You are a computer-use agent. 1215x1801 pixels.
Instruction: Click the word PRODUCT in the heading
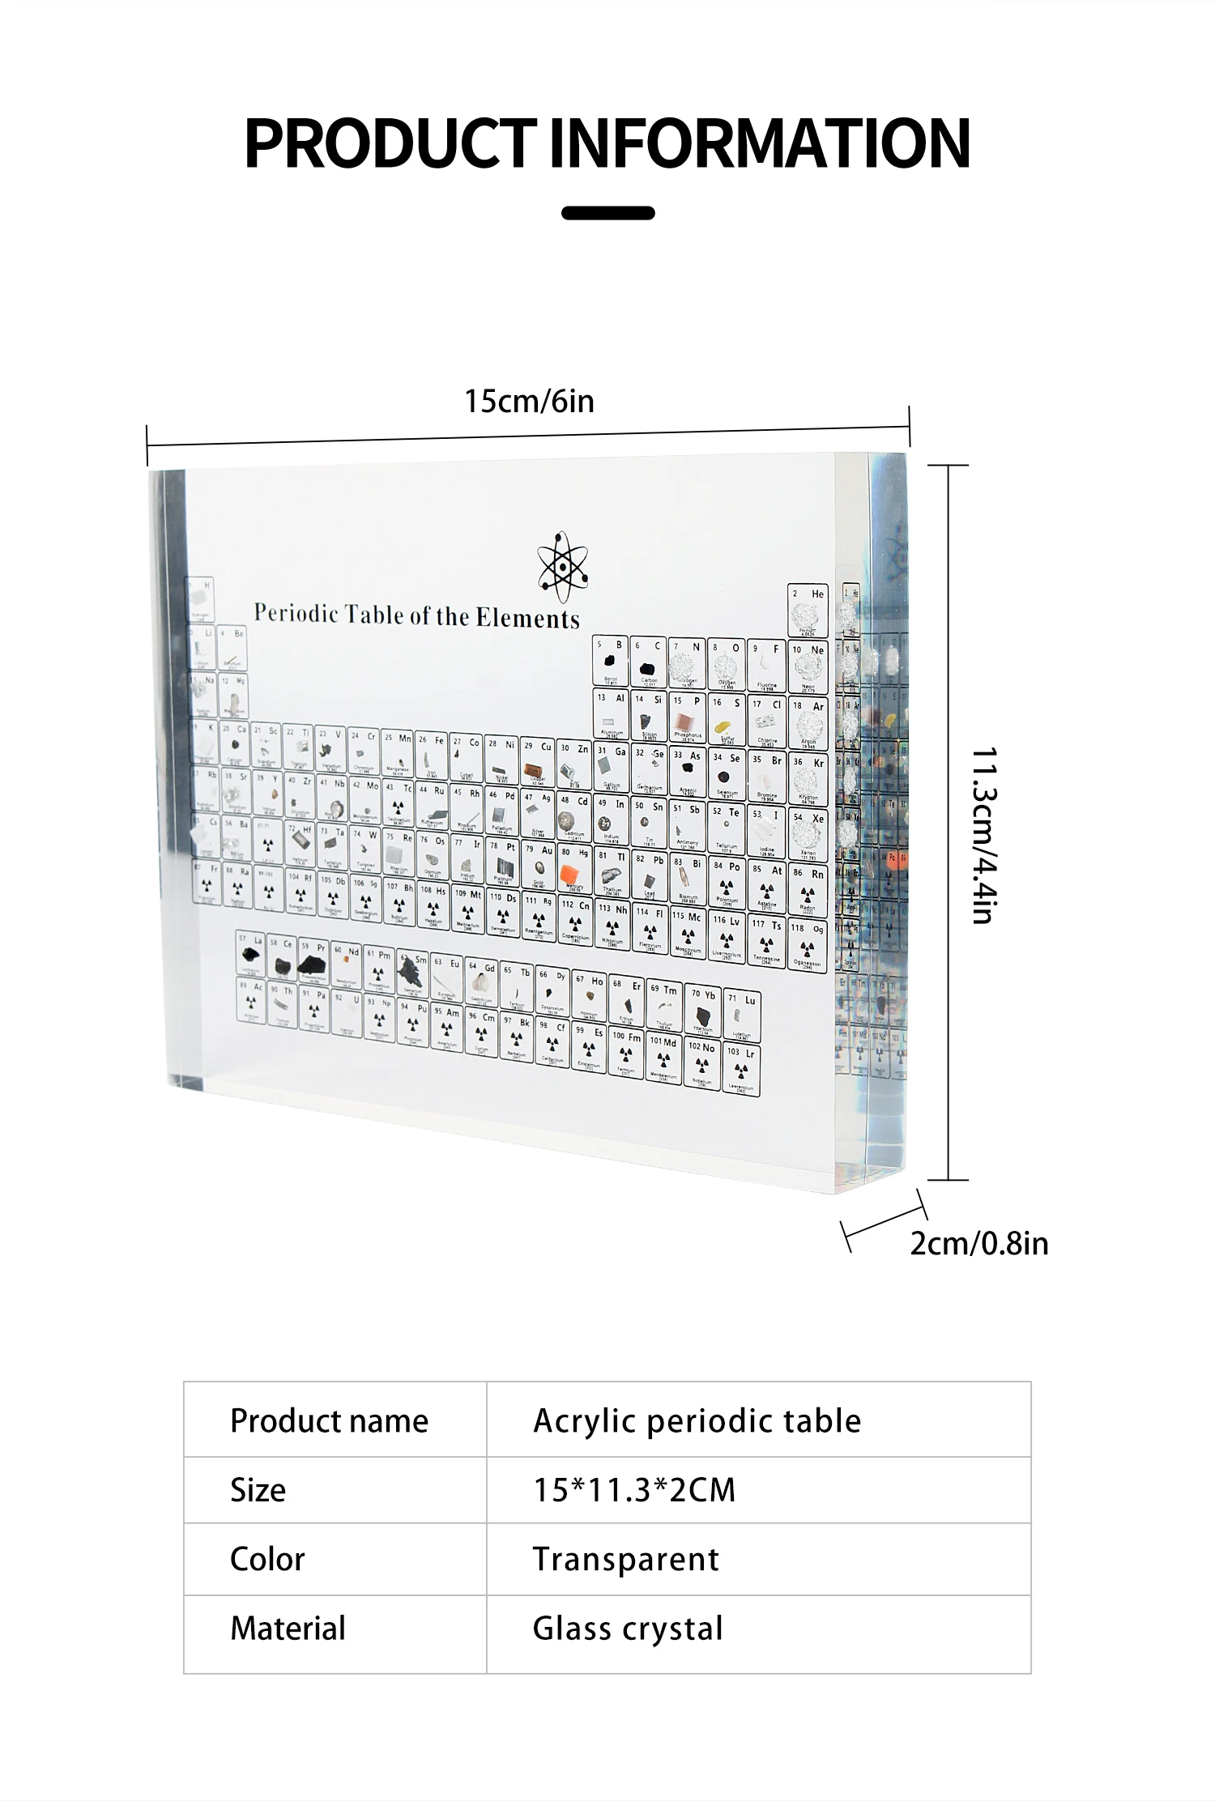tap(390, 143)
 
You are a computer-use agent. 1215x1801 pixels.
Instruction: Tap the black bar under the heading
tap(607, 213)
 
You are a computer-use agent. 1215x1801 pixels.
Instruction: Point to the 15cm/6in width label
tap(529, 402)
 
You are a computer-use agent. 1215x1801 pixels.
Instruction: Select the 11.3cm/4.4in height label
tap(983, 835)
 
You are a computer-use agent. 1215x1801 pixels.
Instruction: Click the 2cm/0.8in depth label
tap(978, 1243)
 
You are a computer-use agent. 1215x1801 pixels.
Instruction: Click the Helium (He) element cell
tap(808, 611)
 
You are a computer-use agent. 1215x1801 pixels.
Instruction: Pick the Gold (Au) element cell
tap(539, 865)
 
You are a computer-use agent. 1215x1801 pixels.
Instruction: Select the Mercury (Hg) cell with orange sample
tap(574, 869)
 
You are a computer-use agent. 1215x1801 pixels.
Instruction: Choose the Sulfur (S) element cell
tap(727, 719)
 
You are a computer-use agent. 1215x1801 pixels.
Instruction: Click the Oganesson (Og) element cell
tap(808, 945)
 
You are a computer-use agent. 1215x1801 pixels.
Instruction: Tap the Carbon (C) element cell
tap(648, 663)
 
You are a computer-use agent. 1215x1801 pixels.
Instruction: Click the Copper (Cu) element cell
tap(537, 763)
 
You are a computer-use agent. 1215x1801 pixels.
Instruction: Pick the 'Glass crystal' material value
tap(628, 1629)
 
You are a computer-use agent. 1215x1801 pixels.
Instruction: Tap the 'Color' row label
tap(267, 1559)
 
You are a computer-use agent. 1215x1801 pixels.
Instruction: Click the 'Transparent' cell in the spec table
tap(626, 1559)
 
